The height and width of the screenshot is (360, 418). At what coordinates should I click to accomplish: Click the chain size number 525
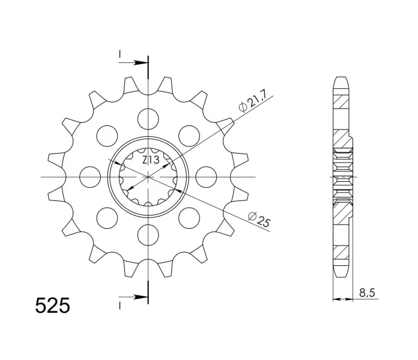[x=53, y=306]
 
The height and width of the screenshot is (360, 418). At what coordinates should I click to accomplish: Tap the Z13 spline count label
[x=150, y=160]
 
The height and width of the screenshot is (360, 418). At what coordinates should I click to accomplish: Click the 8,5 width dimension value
[x=368, y=293]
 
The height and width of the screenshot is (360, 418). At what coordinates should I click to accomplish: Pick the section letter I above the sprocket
[x=121, y=55]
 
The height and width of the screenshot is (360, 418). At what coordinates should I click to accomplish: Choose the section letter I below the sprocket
[x=121, y=305]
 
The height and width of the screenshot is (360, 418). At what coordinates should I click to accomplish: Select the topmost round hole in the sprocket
[x=148, y=118]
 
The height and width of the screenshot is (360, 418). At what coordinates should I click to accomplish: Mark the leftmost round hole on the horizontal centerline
[x=90, y=176]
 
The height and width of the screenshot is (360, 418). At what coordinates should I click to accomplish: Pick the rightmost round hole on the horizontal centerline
[x=205, y=176]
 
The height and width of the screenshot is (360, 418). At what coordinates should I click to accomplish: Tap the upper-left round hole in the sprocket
[x=107, y=136]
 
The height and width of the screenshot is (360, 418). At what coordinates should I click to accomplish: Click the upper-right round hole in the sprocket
[x=189, y=136]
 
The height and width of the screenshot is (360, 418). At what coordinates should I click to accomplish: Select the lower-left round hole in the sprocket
[x=107, y=217]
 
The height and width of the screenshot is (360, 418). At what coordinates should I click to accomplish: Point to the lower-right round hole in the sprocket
[x=189, y=217]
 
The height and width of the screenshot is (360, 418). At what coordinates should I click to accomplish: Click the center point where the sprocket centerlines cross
[x=148, y=176]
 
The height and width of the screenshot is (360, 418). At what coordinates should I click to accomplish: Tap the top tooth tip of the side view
[x=341, y=79]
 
